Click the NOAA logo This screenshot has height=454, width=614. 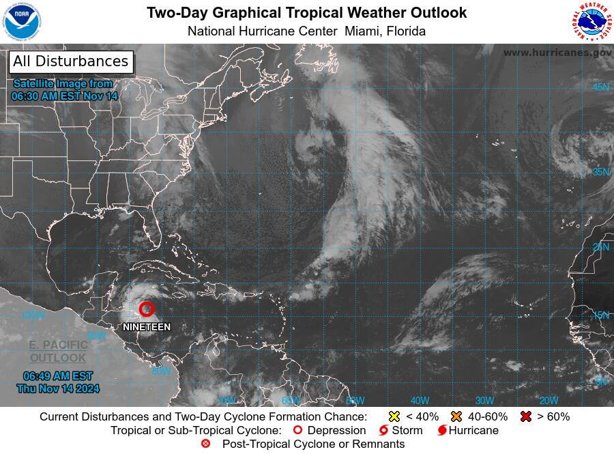pyautogui.click(x=23, y=23)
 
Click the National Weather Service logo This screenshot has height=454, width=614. pyautogui.click(x=591, y=23)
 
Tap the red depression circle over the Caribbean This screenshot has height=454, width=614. pyautogui.click(x=147, y=309)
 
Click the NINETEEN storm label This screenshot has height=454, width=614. pyautogui.click(x=147, y=328)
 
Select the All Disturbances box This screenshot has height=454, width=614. pyautogui.click(x=70, y=61)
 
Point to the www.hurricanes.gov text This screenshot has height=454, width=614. pyautogui.click(x=557, y=53)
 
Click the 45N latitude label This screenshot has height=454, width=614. pyautogui.click(x=601, y=87)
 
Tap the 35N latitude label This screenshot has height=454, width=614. pyautogui.click(x=601, y=171)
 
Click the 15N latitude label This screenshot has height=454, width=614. pyautogui.click(x=601, y=315)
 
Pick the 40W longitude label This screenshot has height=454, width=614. pyautogui.click(x=420, y=401)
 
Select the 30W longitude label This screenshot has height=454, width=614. pyautogui.click(x=484, y=401)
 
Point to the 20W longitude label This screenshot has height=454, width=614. pyautogui.click(x=549, y=401)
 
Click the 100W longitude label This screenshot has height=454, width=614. pyautogui.click(x=32, y=315)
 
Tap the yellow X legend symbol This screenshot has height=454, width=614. pyautogui.click(x=394, y=416)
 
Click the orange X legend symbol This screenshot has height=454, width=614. pyautogui.click(x=456, y=416)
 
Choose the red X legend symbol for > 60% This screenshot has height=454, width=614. pyautogui.click(x=526, y=416)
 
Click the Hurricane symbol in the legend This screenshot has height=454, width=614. pyautogui.click(x=443, y=431)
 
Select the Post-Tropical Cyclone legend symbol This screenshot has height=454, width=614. pyautogui.click(x=206, y=444)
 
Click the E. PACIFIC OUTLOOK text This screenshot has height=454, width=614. pyautogui.click(x=58, y=352)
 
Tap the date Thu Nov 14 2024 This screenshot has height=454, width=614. pyautogui.click(x=58, y=388)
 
